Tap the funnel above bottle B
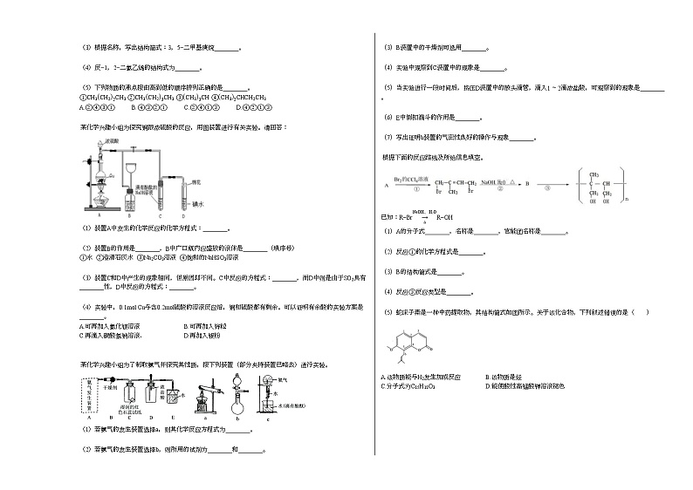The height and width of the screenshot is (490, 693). pyautogui.click(x=131, y=171)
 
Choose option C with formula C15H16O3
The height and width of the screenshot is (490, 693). pyautogui.click(x=409, y=385)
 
